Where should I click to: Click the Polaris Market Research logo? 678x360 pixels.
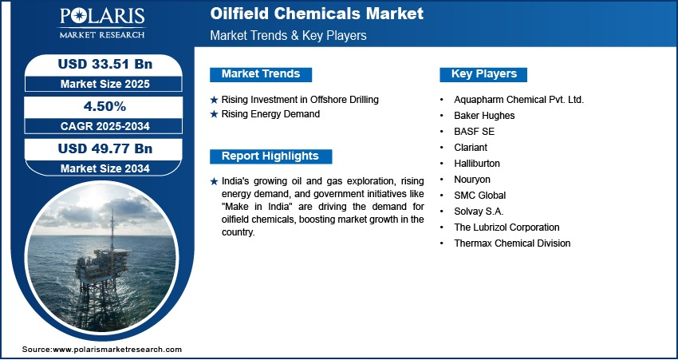point(102,23)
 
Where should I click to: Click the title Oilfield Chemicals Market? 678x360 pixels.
point(317,14)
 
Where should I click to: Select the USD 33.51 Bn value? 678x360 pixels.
point(105,64)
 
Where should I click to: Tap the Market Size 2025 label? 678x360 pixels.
point(105,84)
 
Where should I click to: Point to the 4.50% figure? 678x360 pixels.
point(105,106)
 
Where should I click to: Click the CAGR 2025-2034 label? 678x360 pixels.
point(105,126)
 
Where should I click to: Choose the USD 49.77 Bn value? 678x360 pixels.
point(105,148)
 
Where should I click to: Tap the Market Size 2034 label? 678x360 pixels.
point(105,168)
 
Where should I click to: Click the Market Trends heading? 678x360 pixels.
point(261,74)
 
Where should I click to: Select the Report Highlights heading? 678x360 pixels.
point(270,156)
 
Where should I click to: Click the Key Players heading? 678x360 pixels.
point(484,74)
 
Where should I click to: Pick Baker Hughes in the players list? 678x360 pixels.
point(484,116)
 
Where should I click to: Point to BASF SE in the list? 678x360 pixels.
point(475,132)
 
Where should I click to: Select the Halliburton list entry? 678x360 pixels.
point(477,164)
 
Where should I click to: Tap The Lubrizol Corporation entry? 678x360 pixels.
point(507,227)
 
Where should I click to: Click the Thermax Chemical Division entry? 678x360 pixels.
point(512,243)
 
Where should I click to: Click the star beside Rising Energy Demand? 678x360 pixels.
point(214,115)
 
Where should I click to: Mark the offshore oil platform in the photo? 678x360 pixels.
point(102,265)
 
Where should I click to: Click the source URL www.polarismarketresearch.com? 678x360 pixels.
point(117,350)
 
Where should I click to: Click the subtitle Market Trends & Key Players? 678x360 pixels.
point(289,35)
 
